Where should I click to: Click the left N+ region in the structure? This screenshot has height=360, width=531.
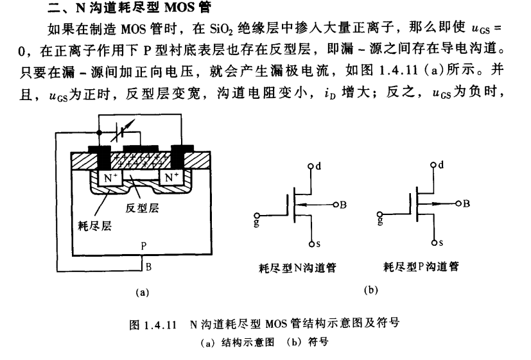coord(104,176)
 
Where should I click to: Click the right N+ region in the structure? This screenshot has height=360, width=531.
coord(170,176)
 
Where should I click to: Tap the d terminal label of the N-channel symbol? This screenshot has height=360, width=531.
coord(317,166)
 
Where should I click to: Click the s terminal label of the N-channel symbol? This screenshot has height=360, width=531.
coord(316,244)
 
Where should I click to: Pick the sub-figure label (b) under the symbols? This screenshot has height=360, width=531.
coord(370,290)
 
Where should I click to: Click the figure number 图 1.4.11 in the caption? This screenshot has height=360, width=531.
coord(153,323)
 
